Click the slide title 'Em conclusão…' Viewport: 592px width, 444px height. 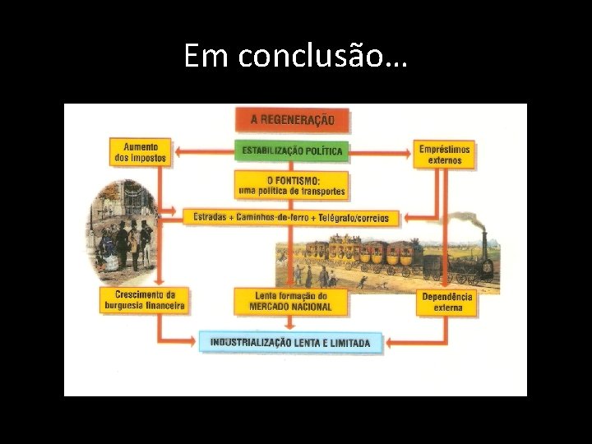pyautogui.click(x=296, y=56)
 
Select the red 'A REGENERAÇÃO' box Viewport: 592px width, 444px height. pyautogui.click(x=292, y=120)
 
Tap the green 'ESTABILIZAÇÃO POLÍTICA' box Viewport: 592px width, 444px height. pyautogui.click(x=292, y=151)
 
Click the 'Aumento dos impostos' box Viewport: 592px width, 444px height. pyautogui.click(x=141, y=152)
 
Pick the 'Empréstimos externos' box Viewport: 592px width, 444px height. pyautogui.click(x=445, y=155)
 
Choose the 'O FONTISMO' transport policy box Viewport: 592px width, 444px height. pyautogui.click(x=292, y=185)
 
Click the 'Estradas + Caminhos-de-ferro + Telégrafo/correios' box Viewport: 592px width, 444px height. pyautogui.click(x=291, y=218)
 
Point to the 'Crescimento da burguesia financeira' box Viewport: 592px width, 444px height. pyautogui.click(x=144, y=300)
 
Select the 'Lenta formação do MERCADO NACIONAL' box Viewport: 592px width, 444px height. pyautogui.click(x=291, y=301)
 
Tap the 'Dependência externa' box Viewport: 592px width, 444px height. pyautogui.click(x=447, y=302)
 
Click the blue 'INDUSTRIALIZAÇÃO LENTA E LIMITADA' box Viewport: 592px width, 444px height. pyautogui.click(x=290, y=342)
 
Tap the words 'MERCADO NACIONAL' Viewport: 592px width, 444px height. pyautogui.click(x=291, y=307)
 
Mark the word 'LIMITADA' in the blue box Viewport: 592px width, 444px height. pyautogui.click(x=350, y=342)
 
